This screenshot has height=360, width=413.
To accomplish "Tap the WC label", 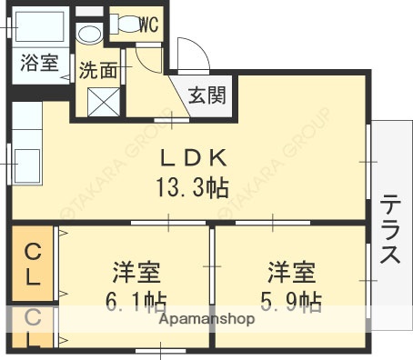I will click(x=147, y=25).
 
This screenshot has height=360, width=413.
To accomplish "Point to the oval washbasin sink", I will click(x=89, y=35).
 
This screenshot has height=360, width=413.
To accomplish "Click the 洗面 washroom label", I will click(x=97, y=70).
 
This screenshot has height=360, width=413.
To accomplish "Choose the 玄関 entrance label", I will click(x=208, y=93).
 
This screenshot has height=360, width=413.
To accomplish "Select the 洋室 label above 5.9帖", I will click(x=290, y=270).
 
